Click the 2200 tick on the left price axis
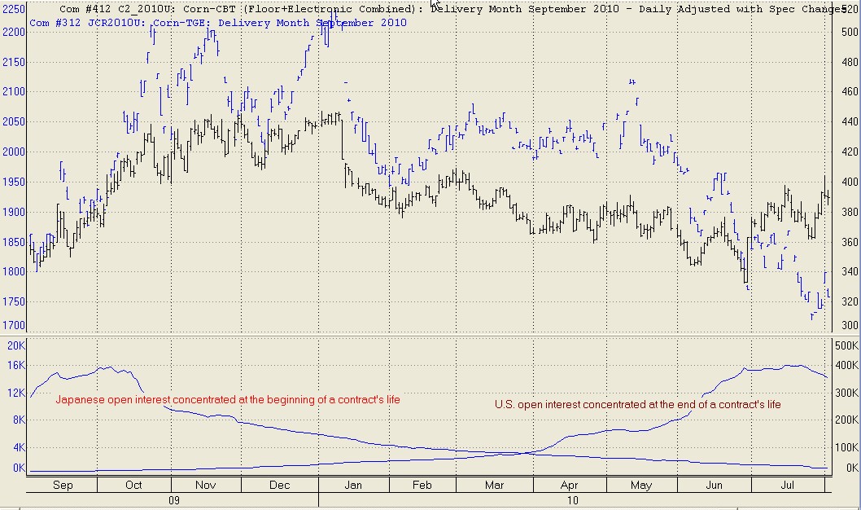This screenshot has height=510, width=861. (x=15, y=32)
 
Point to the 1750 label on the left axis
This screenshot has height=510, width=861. (x=15, y=301)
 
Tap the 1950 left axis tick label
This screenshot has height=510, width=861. (x=15, y=182)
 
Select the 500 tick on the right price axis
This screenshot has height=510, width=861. (x=850, y=32)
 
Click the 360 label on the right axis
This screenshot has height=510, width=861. (x=850, y=242)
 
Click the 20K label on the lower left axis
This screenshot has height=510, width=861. (x=16, y=345)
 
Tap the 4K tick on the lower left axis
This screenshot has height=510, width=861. (x=18, y=447)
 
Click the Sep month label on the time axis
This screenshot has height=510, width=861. (x=62, y=486)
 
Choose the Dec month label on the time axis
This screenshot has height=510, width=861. (x=280, y=486)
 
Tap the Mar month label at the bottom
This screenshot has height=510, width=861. (x=494, y=486)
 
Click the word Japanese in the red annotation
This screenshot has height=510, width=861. (x=80, y=400)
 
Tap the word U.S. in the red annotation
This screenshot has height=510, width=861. (x=505, y=404)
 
